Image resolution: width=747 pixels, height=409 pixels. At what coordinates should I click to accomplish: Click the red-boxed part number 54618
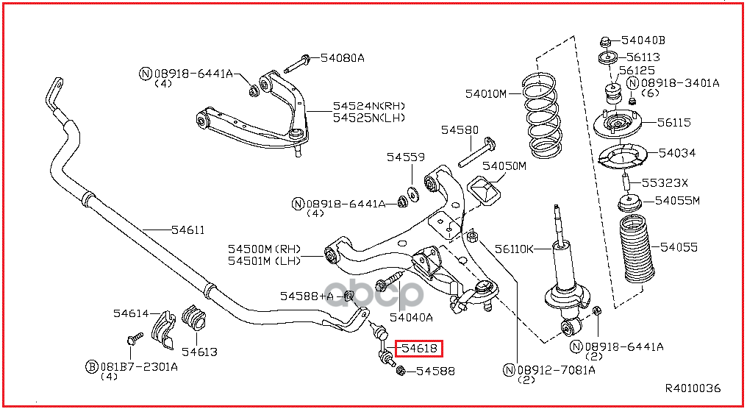click(419, 349)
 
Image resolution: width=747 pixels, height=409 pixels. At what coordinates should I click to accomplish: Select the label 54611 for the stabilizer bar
click(188, 230)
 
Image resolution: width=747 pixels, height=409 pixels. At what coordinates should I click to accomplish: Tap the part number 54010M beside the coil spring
click(486, 93)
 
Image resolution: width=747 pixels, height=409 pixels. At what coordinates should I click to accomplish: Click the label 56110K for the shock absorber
click(515, 249)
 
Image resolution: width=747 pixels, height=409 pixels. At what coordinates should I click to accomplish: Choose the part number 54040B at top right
click(645, 40)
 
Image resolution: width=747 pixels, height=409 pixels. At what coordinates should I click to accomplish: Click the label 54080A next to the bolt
click(342, 57)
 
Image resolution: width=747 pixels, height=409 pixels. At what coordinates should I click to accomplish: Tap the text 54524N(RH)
click(369, 105)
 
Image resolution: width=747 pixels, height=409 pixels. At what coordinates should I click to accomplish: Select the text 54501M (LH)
click(265, 260)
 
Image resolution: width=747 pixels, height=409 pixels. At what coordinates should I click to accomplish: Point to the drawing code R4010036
click(693, 388)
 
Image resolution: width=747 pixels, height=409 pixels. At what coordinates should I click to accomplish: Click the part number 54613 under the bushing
click(199, 352)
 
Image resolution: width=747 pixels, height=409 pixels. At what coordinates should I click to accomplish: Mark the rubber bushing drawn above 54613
click(193, 317)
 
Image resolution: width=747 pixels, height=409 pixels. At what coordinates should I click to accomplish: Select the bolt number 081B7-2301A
click(139, 366)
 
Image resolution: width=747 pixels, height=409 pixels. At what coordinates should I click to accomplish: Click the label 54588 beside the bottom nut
click(435, 371)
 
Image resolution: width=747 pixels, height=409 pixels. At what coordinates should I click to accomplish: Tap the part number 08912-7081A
click(556, 369)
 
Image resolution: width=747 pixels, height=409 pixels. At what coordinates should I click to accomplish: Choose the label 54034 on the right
click(677, 153)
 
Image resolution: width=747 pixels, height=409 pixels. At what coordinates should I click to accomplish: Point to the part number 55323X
click(665, 182)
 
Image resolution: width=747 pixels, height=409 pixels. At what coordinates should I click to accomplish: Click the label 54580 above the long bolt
click(460, 129)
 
